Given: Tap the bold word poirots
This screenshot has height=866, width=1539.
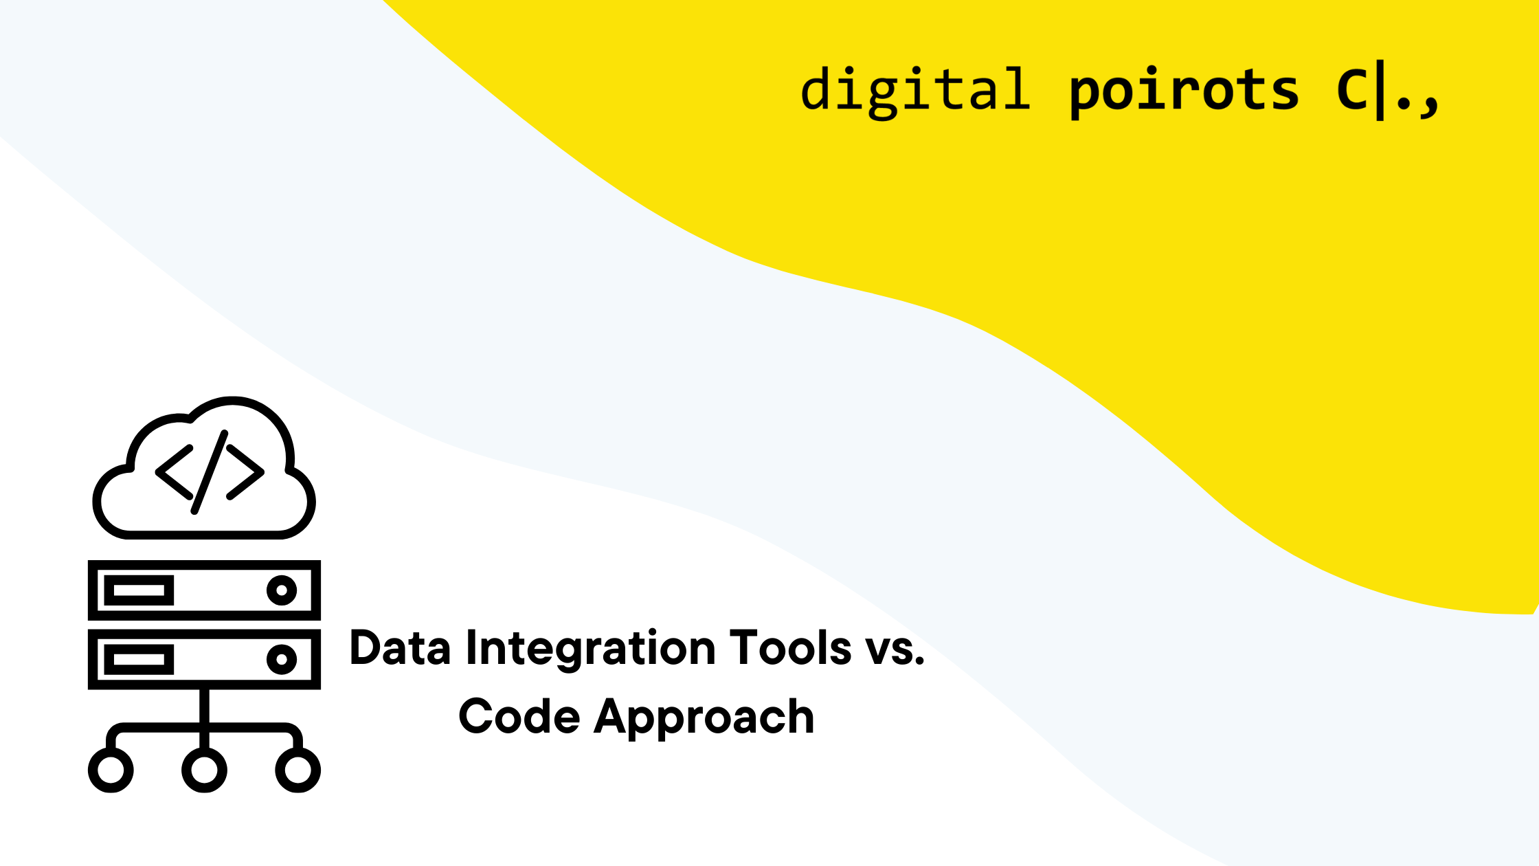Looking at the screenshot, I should (x=1184, y=92).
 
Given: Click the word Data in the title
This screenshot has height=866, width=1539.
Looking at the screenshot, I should (x=400, y=647).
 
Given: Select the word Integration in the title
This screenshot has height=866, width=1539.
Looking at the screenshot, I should (x=591, y=649).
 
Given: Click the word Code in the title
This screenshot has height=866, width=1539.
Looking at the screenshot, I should (x=519, y=716).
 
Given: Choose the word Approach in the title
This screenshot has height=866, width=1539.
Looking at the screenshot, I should (x=704, y=719).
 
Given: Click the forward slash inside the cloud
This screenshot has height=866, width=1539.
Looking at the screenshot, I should (x=210, y=472).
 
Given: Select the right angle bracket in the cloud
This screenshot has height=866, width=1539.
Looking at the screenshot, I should (x=245, y=472).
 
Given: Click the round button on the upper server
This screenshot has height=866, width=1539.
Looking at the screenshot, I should (x=282, y=590).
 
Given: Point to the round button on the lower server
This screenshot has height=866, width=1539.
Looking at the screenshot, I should (x=282, y=659).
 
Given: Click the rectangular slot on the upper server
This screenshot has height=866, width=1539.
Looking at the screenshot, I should (x=139, y=590).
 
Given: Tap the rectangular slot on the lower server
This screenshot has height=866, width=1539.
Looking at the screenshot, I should (x=139, y=660).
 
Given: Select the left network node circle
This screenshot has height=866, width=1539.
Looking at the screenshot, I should (x=111, y=770).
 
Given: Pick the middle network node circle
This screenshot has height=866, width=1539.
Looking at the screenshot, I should (x=204, y=770).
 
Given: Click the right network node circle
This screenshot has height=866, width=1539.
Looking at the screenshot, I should (x=298, y=770).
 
